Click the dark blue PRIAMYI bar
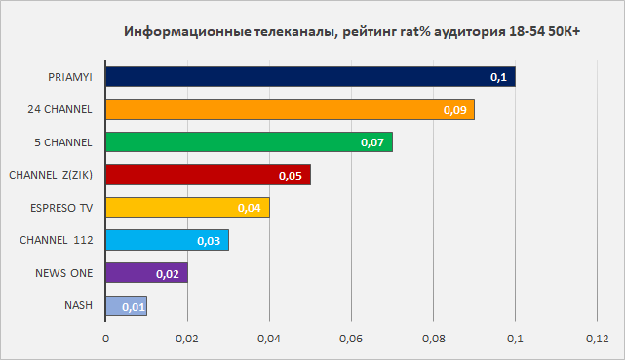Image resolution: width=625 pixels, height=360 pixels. [310, 76]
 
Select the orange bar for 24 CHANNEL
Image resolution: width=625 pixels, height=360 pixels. [291, 109]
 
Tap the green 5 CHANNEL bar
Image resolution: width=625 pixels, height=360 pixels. [250, 141]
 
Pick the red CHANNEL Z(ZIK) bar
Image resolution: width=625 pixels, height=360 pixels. [209, 175]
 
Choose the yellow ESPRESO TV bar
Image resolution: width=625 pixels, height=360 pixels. [188, 207]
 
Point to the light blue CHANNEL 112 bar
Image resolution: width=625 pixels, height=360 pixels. [168, 240]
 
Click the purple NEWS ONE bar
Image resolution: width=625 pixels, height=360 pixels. [146, 273]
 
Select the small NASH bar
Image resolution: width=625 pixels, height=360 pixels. [127, 305]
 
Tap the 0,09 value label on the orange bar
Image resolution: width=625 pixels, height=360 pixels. [454, 110]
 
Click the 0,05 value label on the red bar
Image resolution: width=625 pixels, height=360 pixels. [291, 176]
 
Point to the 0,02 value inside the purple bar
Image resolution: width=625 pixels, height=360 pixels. [168, 274]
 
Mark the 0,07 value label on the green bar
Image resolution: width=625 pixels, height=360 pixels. [372, 142]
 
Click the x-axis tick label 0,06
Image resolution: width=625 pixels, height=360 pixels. [351, 339]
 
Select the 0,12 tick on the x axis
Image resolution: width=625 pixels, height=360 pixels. [597, 339]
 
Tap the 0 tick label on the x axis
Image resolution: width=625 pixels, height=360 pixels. [105, 339]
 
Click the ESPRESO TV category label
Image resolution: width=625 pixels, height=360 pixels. [61, 208]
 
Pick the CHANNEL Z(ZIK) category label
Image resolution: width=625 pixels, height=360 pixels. [51, 175]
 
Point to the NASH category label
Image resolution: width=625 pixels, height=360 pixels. [78, 305]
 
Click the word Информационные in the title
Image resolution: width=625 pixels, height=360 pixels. [187, 31]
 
